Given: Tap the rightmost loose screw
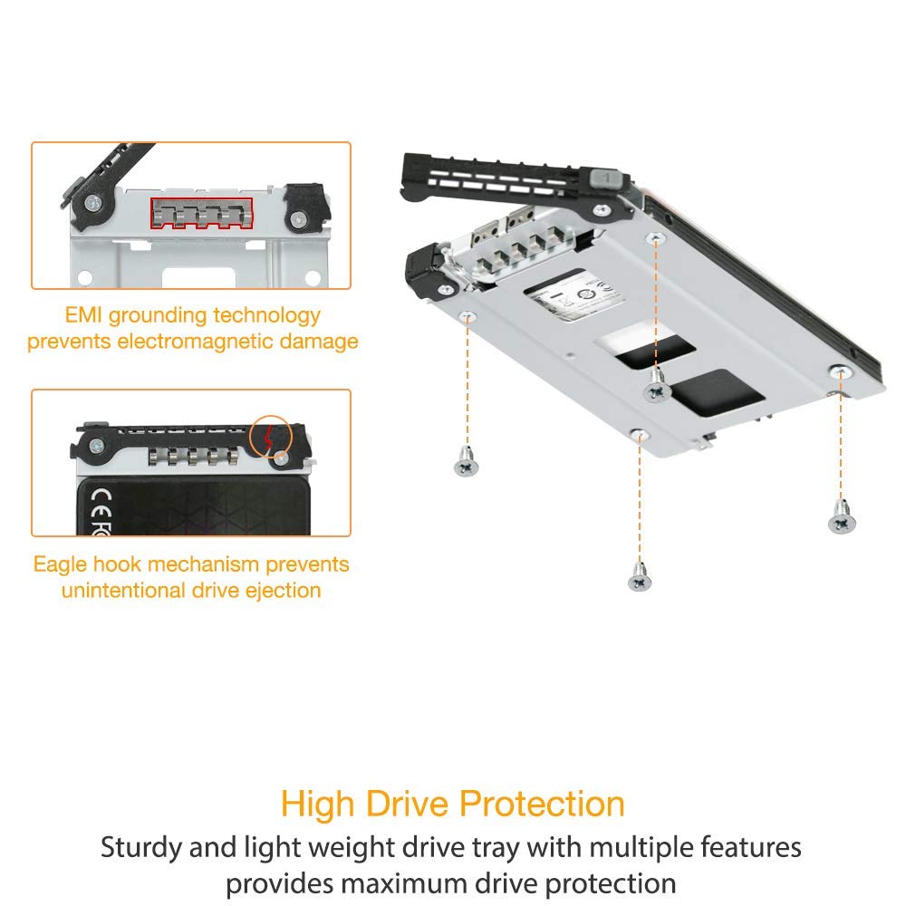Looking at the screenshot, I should [x=840, y=520].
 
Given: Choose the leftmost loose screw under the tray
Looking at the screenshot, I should [x=466, y=466].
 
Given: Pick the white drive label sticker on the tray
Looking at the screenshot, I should [x=566, y=300].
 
